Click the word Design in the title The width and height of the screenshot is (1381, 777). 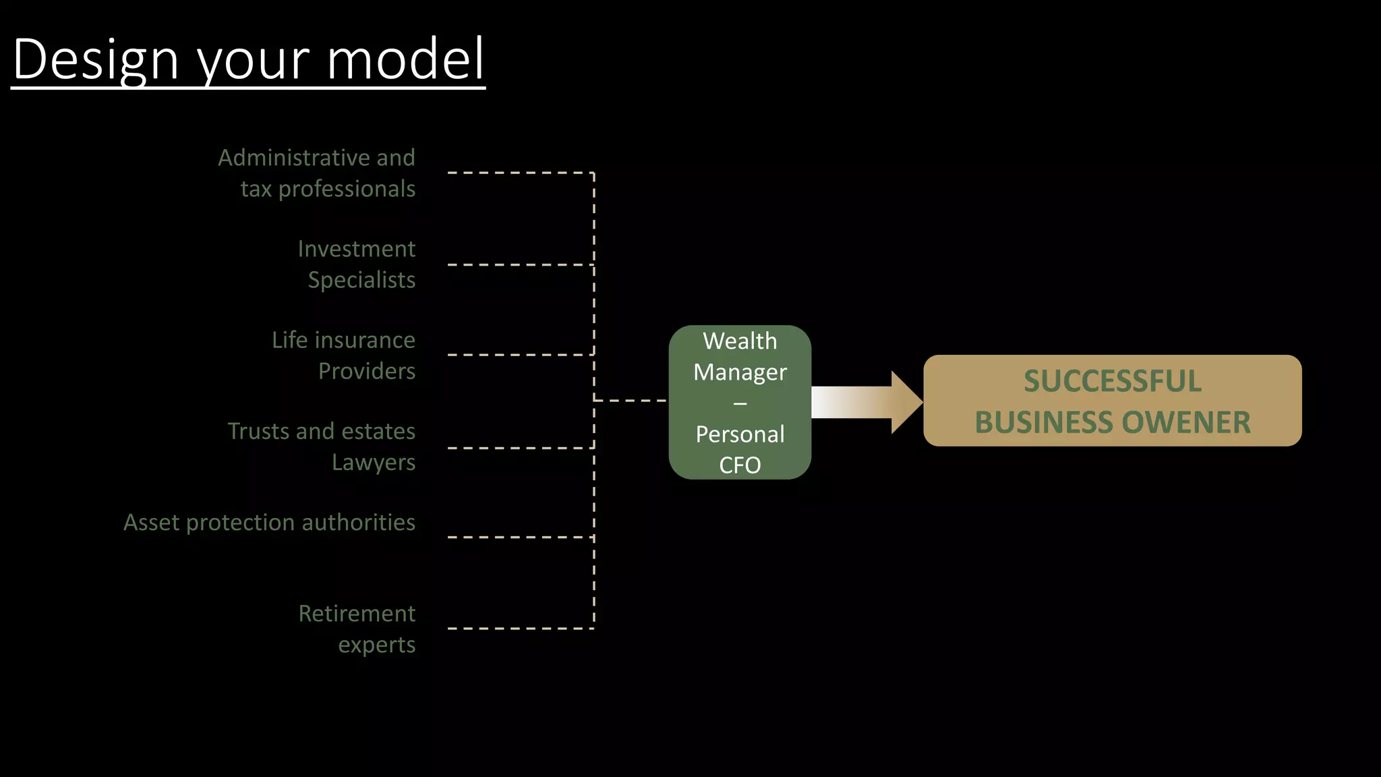point(96,59)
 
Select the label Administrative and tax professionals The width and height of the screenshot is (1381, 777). point(317,173)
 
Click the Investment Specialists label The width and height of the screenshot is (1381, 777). point(357,264)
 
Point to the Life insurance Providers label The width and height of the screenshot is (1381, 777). point(344,355)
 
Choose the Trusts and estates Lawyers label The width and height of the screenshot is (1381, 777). point(322,447)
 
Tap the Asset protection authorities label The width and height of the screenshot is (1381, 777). point(270,523)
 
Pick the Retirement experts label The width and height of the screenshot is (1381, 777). point(357,629)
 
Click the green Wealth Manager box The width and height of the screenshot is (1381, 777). point(740,403)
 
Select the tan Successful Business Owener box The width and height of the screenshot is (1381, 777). point(1112,401)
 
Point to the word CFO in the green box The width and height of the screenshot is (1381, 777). point(740,465)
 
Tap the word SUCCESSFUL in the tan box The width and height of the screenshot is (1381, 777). point(1113,381)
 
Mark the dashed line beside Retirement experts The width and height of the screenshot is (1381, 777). point(520,629)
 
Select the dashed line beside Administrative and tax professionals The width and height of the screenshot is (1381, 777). point(520,173)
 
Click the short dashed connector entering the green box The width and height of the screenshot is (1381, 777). point(630,401)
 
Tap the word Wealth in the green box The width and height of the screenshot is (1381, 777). point(740,341)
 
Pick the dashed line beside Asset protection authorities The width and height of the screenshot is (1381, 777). point(520,538)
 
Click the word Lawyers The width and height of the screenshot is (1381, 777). point(374,463)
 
